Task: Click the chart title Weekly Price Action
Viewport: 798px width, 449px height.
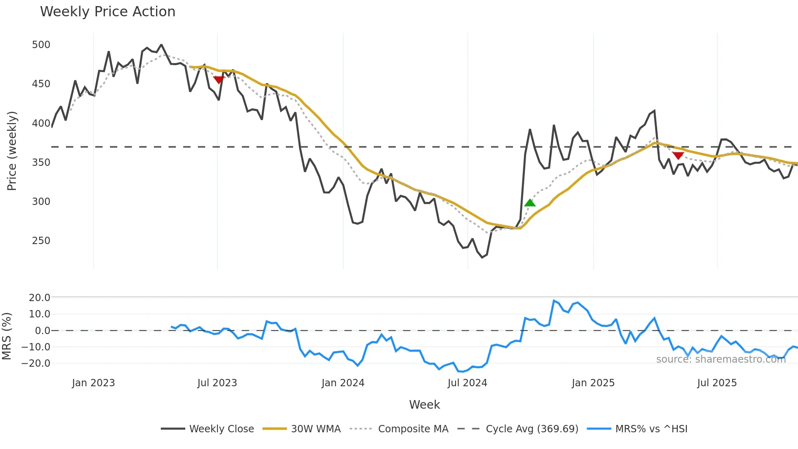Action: pos(107,12)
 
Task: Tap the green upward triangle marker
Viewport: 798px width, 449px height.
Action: pos(530,202)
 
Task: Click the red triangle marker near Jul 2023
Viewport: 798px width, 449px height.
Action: pos(219,79)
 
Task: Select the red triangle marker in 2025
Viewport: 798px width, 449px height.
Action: pos(678,155)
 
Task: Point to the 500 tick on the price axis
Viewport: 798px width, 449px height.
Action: pos(41,44)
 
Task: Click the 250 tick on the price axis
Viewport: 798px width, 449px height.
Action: pos(41,240)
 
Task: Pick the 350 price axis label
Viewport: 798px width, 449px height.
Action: pos(41,162)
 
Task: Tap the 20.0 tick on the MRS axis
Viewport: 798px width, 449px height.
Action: pos(39,297)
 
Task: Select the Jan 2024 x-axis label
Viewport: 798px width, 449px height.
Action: pos(343,383)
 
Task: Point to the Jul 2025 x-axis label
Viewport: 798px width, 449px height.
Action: pos(717,383)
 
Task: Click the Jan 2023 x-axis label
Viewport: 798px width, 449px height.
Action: pos(94,383)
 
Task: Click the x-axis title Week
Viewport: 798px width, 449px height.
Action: pos(424,405)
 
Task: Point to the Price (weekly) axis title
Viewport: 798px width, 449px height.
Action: pos(12,151)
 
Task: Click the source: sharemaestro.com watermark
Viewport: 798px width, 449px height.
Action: pos(721,359)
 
